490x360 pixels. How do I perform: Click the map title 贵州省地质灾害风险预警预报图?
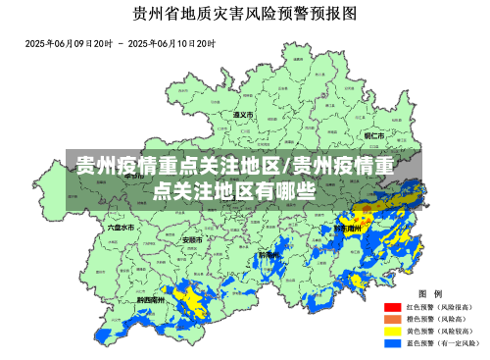[244, 15]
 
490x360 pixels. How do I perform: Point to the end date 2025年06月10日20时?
[171, 44]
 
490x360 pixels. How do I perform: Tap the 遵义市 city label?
[243, 115]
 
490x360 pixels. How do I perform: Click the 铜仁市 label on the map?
[374, 135]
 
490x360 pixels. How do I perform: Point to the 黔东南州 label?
[347, 227]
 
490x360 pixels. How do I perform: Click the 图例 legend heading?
[430, 293]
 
